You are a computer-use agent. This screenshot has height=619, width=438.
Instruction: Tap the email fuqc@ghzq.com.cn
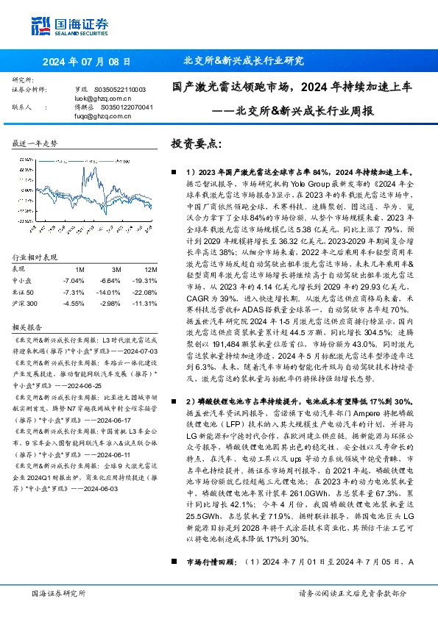[92, 115]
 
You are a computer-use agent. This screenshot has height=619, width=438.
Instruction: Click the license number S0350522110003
[121, 89]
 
